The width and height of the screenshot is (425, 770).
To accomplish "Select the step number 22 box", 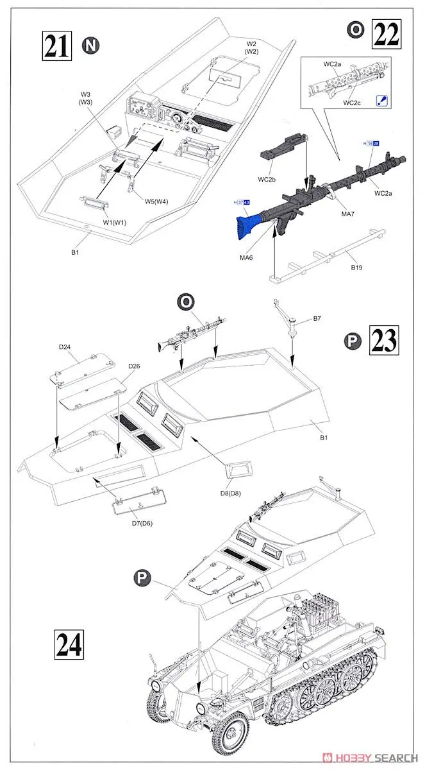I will click(x=387, y=31).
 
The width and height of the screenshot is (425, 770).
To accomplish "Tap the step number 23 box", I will click(x=387, y=339).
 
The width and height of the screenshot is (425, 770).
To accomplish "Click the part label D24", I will click(x=65, y=348).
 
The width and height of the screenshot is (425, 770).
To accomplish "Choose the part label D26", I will click(x=133, y=366).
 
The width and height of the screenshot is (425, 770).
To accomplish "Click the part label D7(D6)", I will click(x=134, y=524).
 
